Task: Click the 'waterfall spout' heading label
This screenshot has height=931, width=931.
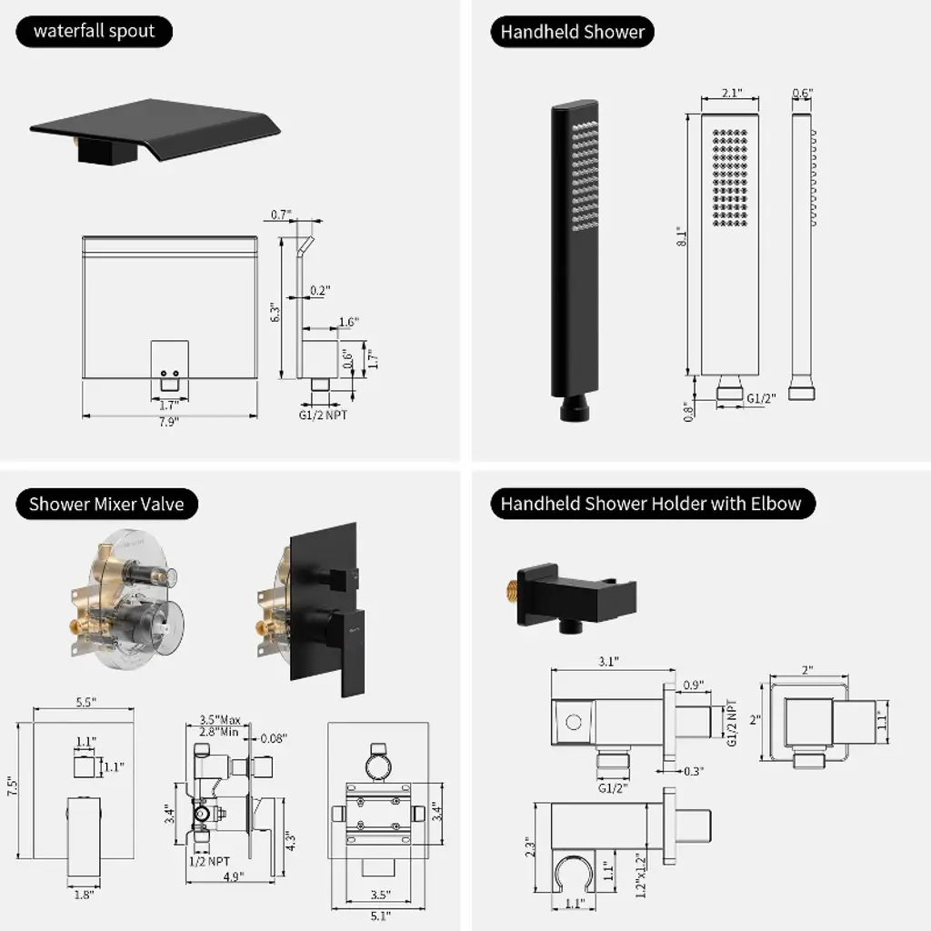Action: point(95,32)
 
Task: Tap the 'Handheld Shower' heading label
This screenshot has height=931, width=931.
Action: point(573,32)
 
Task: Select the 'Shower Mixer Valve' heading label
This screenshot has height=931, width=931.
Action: point(106,503)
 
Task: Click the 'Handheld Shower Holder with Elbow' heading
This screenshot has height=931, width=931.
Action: point(651,503)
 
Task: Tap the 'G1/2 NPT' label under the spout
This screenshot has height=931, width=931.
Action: point(322,415)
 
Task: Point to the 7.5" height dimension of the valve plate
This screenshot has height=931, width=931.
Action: point(12,786)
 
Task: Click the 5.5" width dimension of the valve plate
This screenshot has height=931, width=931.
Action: point(86,702)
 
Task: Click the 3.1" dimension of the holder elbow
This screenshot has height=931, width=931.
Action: point(609,662)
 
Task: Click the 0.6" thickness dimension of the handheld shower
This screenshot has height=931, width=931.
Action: point(802,93)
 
